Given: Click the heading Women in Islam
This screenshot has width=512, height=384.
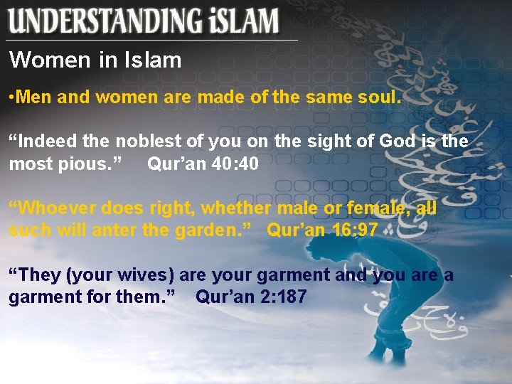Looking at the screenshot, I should coord(95,60).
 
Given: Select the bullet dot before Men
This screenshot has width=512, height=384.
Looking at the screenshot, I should coord(11,97).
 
